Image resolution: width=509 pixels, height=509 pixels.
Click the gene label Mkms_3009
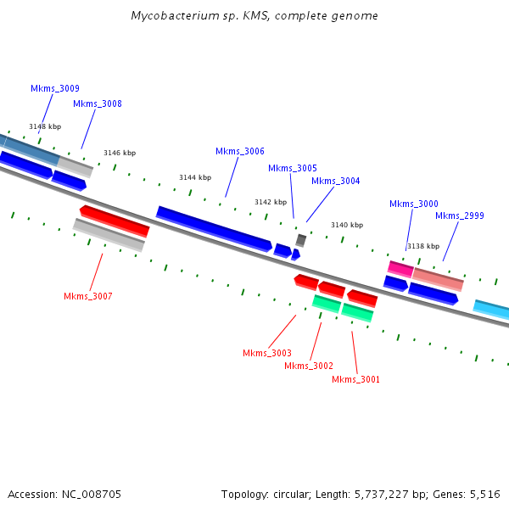point(55,88)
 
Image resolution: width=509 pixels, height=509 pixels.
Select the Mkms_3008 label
point(98,103)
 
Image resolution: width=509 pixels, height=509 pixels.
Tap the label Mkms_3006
point(240,151)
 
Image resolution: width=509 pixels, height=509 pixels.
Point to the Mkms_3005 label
point(293,168)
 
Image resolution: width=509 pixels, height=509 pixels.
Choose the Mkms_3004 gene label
point(336,181)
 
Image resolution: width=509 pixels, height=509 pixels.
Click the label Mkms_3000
point(414,204)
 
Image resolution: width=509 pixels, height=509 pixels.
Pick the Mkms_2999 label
point(460,215)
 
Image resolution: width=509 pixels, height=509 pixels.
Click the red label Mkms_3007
point(88,296)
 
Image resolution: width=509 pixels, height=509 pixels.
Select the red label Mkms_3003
point(267,353)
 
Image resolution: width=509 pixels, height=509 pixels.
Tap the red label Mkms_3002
point(309,366)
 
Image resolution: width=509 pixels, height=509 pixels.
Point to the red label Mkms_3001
point(355,379)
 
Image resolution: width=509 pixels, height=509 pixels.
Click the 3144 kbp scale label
point(195,177)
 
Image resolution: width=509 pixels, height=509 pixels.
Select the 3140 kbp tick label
point(347,225)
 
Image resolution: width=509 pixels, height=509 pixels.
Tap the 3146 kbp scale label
point(120,153)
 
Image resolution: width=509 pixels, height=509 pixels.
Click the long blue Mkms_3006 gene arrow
point(215,229)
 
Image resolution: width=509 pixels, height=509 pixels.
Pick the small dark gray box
point(301,241)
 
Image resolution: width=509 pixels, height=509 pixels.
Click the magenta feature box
point(400,269)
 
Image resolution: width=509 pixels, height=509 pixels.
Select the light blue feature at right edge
point(491,310)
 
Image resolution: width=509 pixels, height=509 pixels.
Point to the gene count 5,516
point(485,495)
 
